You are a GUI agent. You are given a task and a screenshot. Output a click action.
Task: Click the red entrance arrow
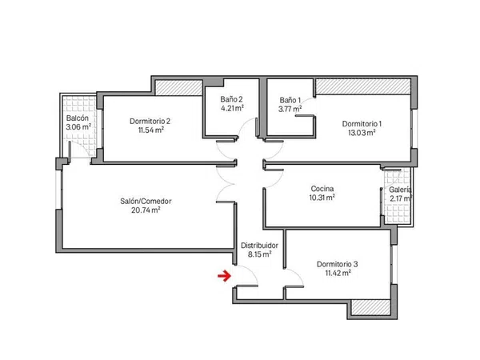(224, 276)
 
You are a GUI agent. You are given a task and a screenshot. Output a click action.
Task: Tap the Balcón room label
(78, 118)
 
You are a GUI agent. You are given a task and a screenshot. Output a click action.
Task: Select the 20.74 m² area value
(146, 210)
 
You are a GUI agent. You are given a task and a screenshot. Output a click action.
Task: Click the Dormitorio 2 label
(150, 122)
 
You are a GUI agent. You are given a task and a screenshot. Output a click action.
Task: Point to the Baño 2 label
(231, 99)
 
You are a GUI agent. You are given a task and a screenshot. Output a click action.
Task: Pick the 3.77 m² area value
(290, 109)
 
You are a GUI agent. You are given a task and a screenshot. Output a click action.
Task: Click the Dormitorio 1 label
(362, 124)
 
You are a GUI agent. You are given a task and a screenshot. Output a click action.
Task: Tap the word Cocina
(322, 189)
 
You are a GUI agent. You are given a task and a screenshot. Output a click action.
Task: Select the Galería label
(400, 190)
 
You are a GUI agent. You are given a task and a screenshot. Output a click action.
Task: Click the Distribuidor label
(259, 246)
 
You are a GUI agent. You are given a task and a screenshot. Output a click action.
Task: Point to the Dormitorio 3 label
(338, 264)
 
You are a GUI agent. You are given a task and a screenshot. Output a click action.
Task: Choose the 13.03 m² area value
(362, 133)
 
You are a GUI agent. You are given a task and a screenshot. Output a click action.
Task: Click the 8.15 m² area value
(259, 254)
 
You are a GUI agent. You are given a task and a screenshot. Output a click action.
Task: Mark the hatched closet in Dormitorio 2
(179, 87)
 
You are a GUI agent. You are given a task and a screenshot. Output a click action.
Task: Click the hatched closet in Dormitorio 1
(363, 86)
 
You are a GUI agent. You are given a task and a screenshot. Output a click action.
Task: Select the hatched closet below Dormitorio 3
(370, 307)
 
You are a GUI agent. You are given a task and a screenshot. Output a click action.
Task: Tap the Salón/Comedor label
(146, 201)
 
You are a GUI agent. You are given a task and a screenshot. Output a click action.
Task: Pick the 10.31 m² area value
(322, 198)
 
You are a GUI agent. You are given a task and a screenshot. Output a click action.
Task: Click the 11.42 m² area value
(338, 273)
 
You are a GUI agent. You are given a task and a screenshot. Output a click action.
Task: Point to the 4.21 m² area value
(232, 108)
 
